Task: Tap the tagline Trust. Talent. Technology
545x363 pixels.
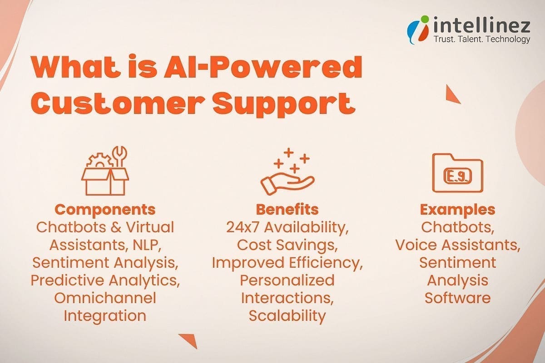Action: pyautogui.click(x=482, y=39)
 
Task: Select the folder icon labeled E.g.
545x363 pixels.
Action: pyautogui.click(x=457, y=172)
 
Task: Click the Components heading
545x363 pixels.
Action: pyautogui.click(x=105, y=210)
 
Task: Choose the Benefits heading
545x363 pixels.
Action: pyautogui.click(x=287, y=210)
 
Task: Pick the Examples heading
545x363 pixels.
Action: pyautogui.click(x=457, y=210)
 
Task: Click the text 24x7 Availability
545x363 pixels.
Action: pyautogui.click(x=287, y=227)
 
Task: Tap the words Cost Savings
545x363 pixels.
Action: pyautogui.click(x=287, y=245)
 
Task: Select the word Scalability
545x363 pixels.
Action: pyautogui.click(x=287, y=315)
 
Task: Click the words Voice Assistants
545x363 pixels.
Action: pyautogui.click(x=457, y=245)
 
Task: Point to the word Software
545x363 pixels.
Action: pyautogui.click(x=457, y=298)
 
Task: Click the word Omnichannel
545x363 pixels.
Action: pyautogui.click(x=105, y=298)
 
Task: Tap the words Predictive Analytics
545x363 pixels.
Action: pyautogui.click(x=105, y=280)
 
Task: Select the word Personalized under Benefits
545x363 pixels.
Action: pyautogui.click(x=287, y=280)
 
